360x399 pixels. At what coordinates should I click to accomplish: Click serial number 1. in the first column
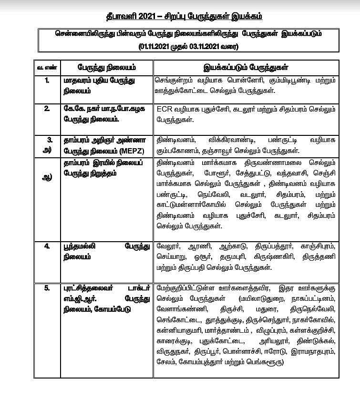tap(47, 81)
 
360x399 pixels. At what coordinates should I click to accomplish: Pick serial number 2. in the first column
tap(47, 109)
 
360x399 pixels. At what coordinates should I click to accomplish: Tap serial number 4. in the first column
tap(47, 247)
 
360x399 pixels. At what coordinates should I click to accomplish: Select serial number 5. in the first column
tap(47, 288)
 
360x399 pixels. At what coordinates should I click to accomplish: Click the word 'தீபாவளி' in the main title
tap(121, 17)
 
